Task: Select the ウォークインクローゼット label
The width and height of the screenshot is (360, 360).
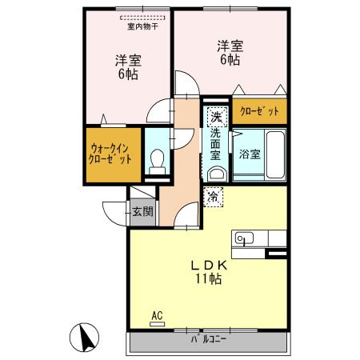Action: (x=110, y=154)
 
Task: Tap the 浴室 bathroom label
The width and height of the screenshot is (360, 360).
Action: (x=248, y=154)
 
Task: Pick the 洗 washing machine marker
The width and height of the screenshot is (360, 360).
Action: (x=215, y=118)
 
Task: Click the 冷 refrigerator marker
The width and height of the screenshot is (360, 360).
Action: (x=214, y=194)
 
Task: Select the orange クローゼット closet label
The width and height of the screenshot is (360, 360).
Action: (x=259, y=113)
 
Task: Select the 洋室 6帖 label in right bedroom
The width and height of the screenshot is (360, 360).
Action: (x=229, y=53)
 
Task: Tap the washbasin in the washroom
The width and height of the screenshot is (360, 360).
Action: (x=215, y=174)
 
